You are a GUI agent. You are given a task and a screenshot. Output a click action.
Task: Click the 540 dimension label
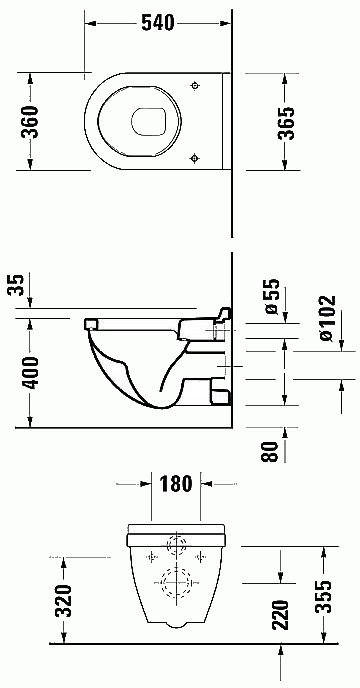pyautogui.click(x=158, y=23)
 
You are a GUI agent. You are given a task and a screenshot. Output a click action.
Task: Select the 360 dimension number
pyautogui.click(x=30, y=122)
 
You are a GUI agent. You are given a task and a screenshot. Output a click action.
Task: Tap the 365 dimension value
pyautogui.click(x=286, y=123)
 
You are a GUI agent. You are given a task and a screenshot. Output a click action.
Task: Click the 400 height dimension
pyautogui.click(x=30, y=373)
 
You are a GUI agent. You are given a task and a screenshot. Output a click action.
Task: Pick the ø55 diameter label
pyautogui.click(x=273, y=296)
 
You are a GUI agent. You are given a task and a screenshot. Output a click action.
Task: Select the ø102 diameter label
pyautogui.click(x=327, y=318)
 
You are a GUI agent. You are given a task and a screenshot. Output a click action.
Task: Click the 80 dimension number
pyautogui.click(x=270, y=451)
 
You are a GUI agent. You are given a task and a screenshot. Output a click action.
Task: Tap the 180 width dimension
pyautogui.click(x=176, y=484)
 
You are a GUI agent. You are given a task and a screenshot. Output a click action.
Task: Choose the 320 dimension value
pyautogui.click(x=65, y=601)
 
